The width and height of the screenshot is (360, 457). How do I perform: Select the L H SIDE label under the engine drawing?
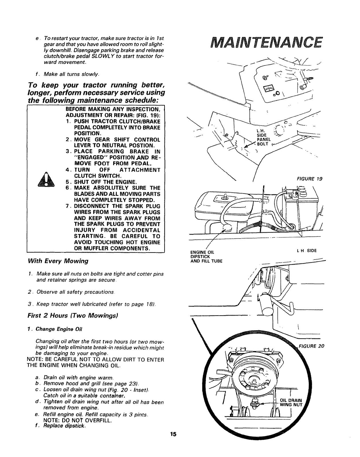click(x=307, y=251)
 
